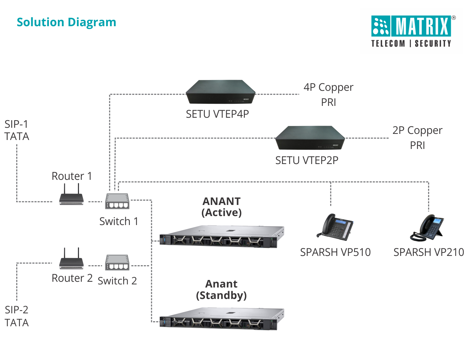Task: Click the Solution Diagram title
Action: [66, 22]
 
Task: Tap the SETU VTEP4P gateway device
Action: [221, 93]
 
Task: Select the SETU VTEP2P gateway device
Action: [310, 138]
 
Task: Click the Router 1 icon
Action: [71, 196]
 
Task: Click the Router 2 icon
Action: [71, 259]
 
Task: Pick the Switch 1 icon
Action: [117, 201]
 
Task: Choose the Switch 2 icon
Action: [117, 263]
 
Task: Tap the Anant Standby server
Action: [222, 319]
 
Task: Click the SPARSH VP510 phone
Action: [335, 227]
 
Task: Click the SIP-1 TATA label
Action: [17, 130]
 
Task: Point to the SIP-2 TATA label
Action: [17, 316]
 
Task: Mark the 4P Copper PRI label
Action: [328, 95]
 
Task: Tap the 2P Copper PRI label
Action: [417, 138]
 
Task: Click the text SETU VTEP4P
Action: [217, 114]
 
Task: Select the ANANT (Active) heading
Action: [222, 207]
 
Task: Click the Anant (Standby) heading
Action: [222, 290]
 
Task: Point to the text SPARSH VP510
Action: [335, 252]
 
